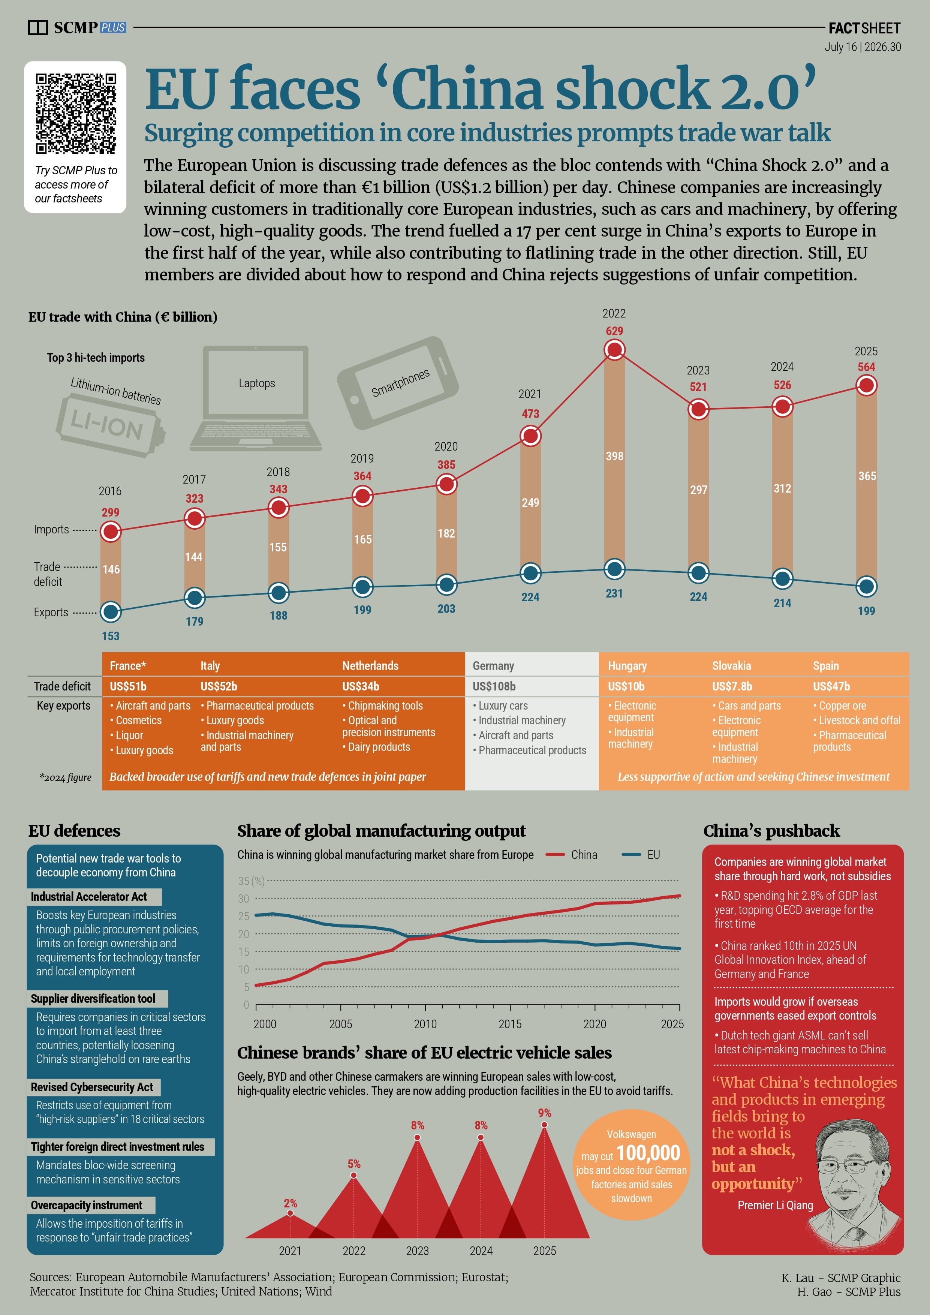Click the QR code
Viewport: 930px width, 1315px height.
click(x=76, y=114)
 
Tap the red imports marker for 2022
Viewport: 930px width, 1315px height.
click(x=614, y=350)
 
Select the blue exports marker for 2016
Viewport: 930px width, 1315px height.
click(x=111, y=612)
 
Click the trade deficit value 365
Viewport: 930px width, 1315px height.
click(x=866, y=476)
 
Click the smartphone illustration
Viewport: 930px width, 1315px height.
click(x=398, y=383)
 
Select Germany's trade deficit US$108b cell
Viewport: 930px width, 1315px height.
click(x=494, y=686)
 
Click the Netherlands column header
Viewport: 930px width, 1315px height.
click(x=370, y=665)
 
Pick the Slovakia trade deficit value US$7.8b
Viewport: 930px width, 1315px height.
click(x=732, y=686)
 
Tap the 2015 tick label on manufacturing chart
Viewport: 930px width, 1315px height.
click(x=510, y=1024)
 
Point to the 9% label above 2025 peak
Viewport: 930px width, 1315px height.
click(x=545, y=1113)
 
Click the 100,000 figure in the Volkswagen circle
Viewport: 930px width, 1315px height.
click(x=648, y=1153)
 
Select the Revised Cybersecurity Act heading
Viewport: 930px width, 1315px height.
click(x=92, y=1087)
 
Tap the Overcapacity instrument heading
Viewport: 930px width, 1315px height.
click(x=87, y=1205)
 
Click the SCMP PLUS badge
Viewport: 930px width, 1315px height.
click(x=113, y=27)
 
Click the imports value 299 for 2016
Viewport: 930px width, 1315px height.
click(x=111, y=512)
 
